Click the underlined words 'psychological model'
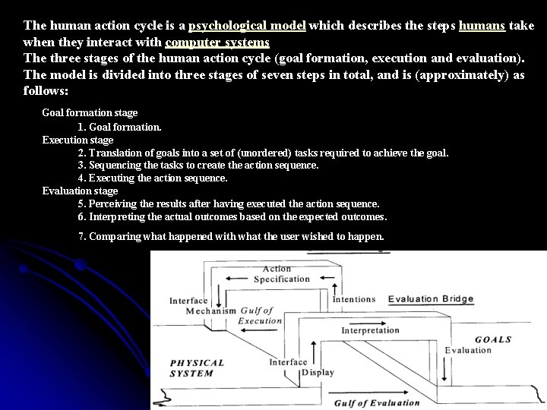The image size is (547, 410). [247, 25]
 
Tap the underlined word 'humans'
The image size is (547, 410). [482, 25]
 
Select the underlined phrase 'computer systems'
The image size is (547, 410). [217, 43]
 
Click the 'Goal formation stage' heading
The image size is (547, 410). [90, 112]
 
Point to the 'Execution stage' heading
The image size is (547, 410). [77, 140]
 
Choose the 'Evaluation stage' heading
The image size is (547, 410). [80, 191]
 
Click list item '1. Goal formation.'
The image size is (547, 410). [119, 127]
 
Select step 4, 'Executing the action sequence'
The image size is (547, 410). [153, 178]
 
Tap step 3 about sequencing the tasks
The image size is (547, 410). [198, 165]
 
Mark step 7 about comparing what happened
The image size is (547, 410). [231, 236]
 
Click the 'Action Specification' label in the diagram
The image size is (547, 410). [280, 274]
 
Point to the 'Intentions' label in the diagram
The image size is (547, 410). [353, 299]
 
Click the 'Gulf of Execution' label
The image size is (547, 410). [261, 316]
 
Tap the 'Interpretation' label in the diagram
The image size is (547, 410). [370, 330]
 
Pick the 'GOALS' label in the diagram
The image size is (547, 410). [493, 339]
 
